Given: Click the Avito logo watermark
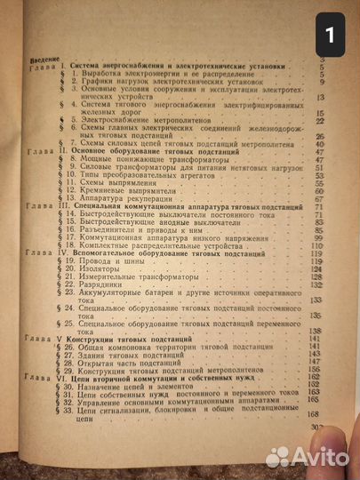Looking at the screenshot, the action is coord(306,455).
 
